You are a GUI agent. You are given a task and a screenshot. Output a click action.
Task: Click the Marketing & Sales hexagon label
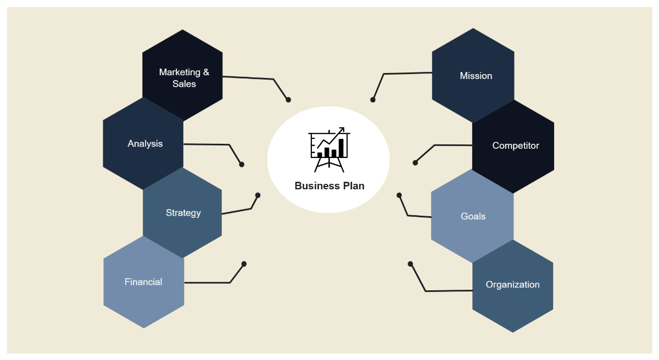[x=184, y=78]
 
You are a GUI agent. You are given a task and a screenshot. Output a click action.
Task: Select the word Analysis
[x=145, y=144]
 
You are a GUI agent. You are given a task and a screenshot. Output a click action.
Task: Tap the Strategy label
[x=183, y=213]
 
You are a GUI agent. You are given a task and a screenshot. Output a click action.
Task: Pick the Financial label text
[x=143, y=282]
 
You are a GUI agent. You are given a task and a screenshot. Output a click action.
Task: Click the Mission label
[x=476, y=76]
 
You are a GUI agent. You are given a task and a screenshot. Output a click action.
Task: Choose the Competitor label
[x=515, y=145]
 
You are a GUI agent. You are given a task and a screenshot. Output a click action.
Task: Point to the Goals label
[x=473, y=216]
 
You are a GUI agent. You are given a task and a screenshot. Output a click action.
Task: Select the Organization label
[x=512, y=284]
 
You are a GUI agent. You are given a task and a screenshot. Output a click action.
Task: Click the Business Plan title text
[x=329, y=185]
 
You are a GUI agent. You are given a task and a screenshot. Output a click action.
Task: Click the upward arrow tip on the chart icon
[x=343, y=130]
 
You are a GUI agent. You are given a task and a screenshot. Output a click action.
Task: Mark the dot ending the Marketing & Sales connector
[x=288, y=100]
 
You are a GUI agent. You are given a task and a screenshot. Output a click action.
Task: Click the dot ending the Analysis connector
[x=242, y=164]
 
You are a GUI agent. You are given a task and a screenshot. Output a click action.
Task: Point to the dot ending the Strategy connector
[x=258, y=195]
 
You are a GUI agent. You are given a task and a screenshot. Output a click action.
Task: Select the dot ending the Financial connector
[x=244, y=264]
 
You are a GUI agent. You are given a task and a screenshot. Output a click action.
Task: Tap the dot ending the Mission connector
[x=373, y=100]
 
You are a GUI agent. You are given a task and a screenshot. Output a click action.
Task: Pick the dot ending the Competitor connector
[x=415, y=162]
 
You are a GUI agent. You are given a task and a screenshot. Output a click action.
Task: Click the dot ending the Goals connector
[x=399, y=195]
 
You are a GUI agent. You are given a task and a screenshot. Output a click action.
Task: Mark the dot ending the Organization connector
[x=410, y=264]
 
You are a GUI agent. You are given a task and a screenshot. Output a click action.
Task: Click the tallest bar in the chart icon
[x=341, y=148]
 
